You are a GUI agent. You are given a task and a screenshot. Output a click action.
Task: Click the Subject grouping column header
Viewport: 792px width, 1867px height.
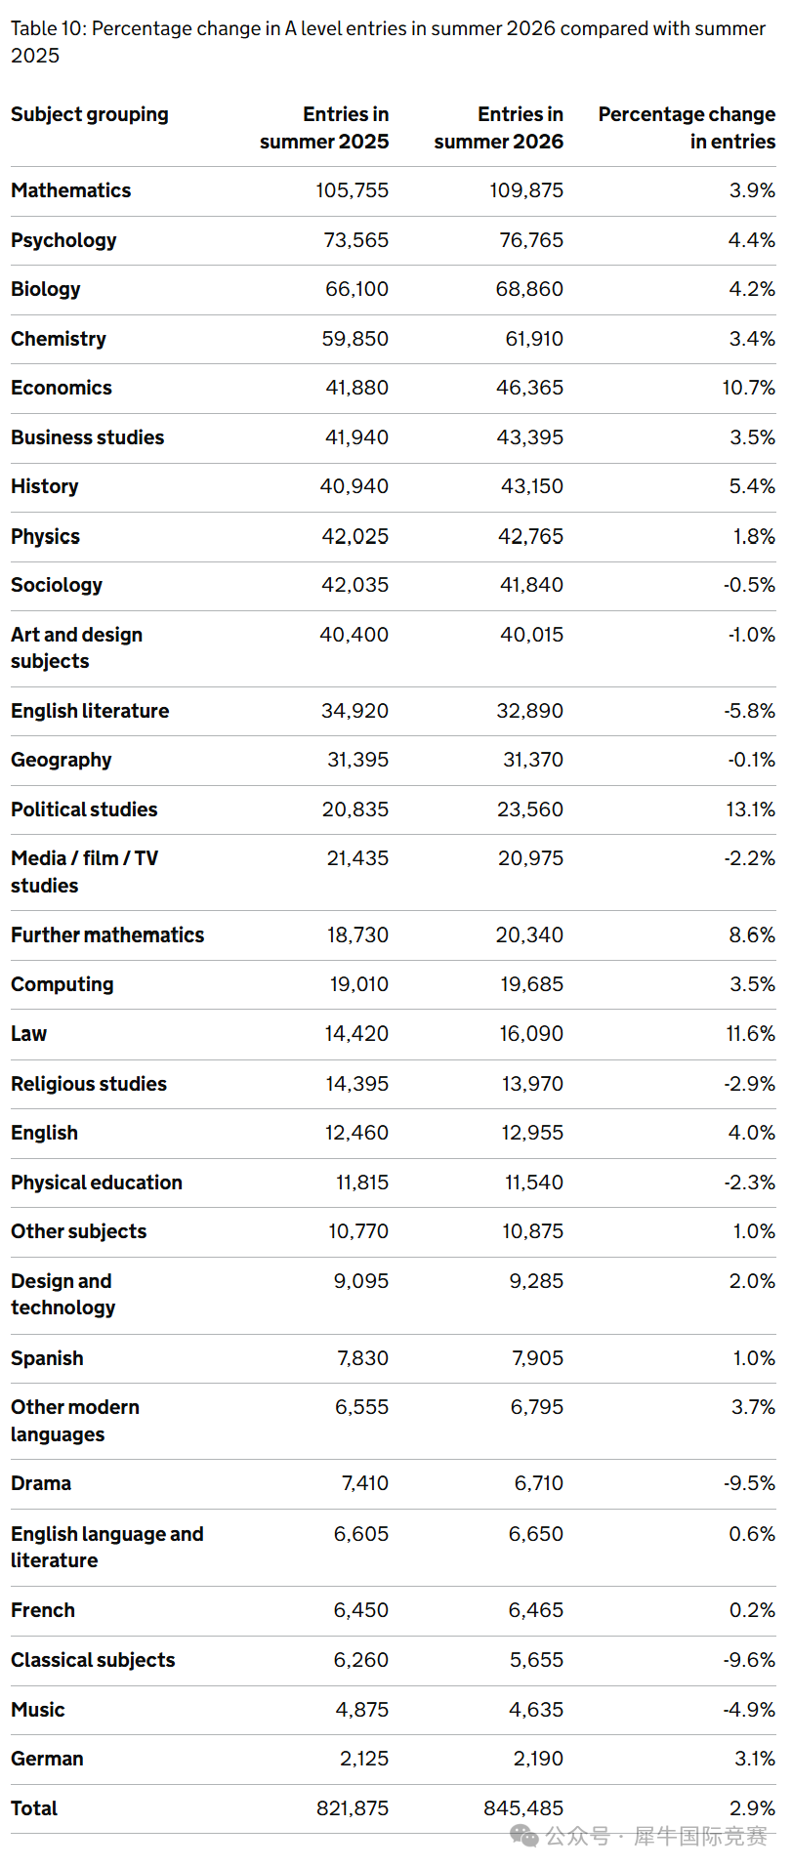90,115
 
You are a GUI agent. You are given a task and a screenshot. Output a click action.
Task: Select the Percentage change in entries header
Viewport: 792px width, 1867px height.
687,128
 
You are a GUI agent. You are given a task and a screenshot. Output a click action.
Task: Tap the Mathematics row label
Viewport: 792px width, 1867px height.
71,190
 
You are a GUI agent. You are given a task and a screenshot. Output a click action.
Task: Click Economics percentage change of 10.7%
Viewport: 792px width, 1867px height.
749,388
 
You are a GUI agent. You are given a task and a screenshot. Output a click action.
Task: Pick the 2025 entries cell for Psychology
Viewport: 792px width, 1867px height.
356,240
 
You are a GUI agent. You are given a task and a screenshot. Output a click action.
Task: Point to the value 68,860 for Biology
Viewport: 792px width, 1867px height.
529,289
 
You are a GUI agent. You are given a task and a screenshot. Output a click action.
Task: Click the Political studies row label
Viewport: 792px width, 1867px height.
84,809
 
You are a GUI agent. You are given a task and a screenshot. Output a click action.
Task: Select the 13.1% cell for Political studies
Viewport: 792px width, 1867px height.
751,809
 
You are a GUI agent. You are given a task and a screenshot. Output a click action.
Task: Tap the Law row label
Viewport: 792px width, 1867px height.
29,1034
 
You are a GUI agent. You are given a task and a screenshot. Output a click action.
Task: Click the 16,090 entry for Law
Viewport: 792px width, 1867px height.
531,1034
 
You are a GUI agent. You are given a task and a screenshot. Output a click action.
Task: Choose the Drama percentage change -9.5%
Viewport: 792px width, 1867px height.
750,1483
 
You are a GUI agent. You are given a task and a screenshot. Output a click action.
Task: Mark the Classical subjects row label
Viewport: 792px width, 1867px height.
94,1660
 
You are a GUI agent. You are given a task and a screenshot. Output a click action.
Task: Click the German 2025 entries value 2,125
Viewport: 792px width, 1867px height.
364,1759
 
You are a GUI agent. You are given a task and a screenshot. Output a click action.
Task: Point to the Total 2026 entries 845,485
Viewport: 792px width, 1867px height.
523,1808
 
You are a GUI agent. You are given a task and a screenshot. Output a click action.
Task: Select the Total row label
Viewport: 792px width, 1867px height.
34,1808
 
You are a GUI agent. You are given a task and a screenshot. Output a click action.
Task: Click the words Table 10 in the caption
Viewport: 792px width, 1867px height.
47,29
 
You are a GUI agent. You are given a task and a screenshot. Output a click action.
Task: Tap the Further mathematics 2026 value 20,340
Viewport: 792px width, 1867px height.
530,935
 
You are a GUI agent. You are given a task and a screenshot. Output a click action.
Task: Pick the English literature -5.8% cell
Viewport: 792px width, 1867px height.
750,711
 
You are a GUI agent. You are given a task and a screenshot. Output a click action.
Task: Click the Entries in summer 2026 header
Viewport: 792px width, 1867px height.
499,128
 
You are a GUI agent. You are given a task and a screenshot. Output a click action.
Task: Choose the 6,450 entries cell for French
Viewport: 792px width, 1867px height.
361,1610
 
